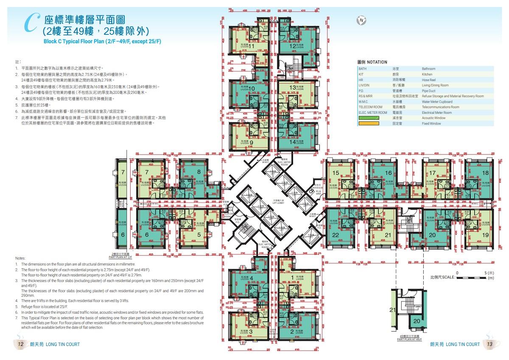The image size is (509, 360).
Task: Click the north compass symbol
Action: (361, 20)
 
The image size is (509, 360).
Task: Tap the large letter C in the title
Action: (30, 23)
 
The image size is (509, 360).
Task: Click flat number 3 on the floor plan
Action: (251, 331)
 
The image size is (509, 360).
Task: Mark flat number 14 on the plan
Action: (293, 142)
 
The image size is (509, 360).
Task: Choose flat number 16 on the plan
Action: (388, 173)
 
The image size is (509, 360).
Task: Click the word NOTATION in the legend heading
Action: (377, 62)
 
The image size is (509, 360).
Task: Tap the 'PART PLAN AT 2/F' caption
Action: (120, 257)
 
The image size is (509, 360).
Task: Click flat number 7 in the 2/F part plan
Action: (123, 172)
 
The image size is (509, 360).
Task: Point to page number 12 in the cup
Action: (20, 344)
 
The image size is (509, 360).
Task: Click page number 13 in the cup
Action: (489, 344)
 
